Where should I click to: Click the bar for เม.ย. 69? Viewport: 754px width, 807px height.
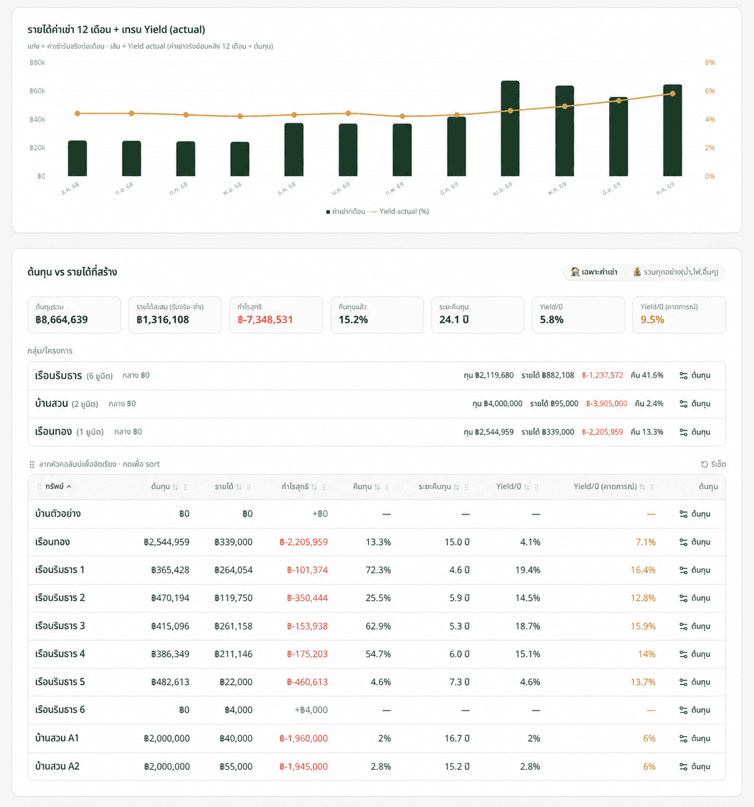coord(510,128)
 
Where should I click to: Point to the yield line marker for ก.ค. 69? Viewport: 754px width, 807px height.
coord(673,93)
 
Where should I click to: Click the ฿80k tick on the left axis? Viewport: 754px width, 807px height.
coord(37,63)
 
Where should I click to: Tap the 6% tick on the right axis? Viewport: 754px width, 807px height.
coord(710,91)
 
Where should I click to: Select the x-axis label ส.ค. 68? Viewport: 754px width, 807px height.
coord(70,188)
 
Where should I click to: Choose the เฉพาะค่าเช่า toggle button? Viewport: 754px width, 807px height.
coord(594,272)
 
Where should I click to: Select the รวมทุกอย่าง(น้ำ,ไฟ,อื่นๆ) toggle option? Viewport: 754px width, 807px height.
coord(676,272)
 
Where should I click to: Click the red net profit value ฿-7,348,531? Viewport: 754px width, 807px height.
coord(265,320)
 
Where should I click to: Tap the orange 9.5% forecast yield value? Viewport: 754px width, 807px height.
coord(652,320)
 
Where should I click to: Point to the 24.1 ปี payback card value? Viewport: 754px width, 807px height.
coord(454,320)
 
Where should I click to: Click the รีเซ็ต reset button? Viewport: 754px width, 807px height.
coord(714,464)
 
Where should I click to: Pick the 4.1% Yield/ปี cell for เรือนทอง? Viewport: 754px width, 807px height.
coord(530,542)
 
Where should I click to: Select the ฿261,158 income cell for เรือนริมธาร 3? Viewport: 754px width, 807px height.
coord(233,626)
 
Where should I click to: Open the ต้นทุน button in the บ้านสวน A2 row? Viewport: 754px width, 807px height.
coord(695,767)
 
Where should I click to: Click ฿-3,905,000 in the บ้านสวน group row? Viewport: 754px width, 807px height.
coord(607,403)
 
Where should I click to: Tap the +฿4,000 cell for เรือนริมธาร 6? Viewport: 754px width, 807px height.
coord(311,710)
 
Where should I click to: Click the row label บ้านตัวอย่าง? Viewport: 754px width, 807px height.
coord(58,513)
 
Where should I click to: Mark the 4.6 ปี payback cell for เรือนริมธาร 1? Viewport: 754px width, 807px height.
coord(459,570)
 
